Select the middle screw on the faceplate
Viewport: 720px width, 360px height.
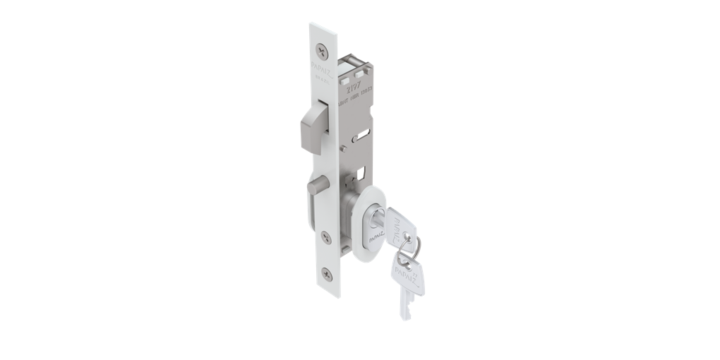325,236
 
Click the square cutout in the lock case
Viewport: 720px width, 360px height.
361,172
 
